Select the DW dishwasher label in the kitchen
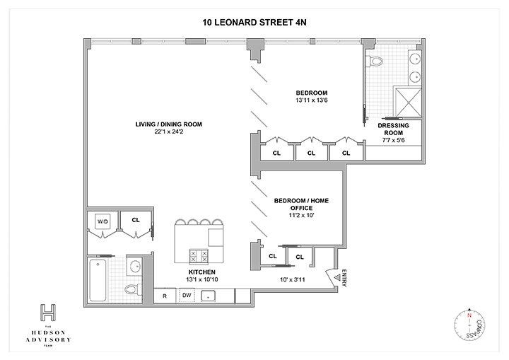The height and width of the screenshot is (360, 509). pos(187,294)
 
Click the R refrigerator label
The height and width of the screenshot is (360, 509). pos(164,294)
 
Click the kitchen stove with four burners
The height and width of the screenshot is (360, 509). pos(197,255)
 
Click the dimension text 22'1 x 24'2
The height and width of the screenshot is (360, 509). pos(168,132)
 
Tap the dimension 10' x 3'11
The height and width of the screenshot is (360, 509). pos(295,279)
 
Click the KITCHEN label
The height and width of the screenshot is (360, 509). pos(202,271)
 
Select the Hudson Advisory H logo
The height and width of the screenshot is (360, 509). pos(48,312)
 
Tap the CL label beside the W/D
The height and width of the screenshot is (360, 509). pos(134,220)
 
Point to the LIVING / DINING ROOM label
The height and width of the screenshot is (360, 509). pos(169,124)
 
